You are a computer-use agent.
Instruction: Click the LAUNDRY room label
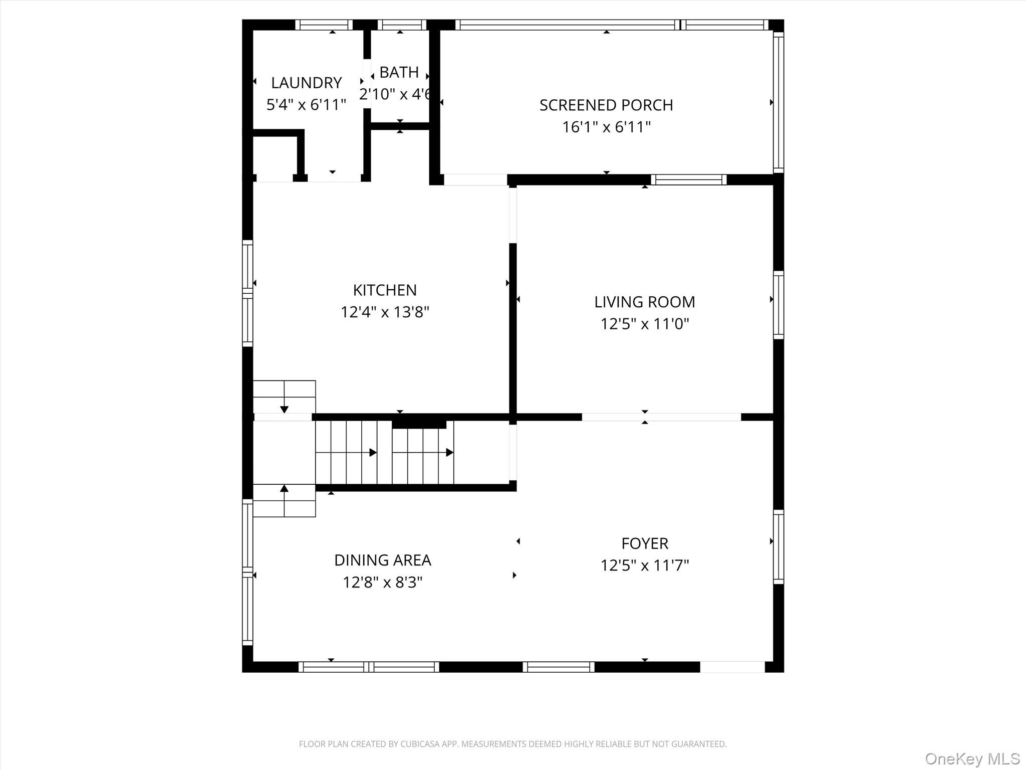(306, 83)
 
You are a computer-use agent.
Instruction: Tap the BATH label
(399, 73)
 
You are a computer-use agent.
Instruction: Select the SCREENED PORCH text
(606, 105)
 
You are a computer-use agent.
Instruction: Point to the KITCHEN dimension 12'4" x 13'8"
(385, 312)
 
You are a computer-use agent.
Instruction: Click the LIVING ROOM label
(644, 302)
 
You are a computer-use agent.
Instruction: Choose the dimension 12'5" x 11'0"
(644, 324)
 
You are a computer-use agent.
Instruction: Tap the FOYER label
(644, 543)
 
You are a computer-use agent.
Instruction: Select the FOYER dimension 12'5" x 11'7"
(644, 566)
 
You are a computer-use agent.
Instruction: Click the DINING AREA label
(382, 560)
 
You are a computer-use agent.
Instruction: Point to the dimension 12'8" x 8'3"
(382, 583)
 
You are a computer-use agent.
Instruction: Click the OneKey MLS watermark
(972, 758)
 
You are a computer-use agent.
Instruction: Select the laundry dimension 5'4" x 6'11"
(306, 105)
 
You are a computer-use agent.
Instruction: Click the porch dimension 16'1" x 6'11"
(606, 127)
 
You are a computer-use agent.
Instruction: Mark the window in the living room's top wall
(688, 180)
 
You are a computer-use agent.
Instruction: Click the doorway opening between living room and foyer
(661, 417)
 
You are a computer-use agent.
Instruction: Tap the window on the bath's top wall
(402, 25)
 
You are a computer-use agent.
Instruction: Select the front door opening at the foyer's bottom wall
(732, 667)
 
